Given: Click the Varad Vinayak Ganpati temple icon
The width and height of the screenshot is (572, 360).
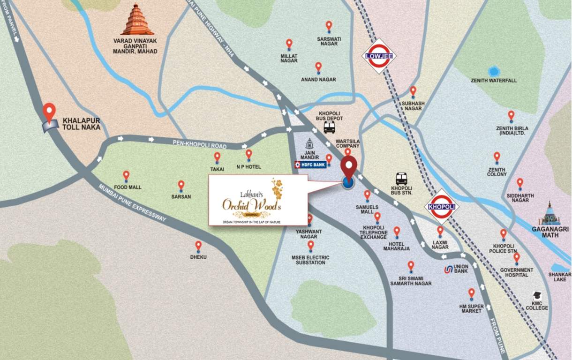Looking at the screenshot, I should pos(137,20).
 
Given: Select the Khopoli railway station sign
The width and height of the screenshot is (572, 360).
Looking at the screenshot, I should pos(441,207).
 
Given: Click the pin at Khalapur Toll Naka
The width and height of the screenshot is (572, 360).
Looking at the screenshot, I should pos(49,112).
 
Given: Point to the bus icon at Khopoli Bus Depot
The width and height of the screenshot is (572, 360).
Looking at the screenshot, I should pos(329,127).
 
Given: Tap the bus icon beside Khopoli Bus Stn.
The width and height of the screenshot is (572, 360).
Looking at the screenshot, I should pos(401,179).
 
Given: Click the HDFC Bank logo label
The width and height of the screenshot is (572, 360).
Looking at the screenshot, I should pos(309,165).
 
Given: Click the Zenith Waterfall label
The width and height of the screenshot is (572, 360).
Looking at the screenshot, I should pos(494,81).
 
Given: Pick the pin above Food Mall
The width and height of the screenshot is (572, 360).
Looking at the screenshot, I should pos(126,176).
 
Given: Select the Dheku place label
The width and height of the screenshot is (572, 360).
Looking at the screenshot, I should pos(198,257).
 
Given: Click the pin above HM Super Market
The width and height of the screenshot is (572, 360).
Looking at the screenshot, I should pos(471,293).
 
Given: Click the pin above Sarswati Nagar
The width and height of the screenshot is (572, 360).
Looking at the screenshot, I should pos(329,26).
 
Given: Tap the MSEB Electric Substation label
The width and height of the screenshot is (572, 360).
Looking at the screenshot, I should pos(310,260).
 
